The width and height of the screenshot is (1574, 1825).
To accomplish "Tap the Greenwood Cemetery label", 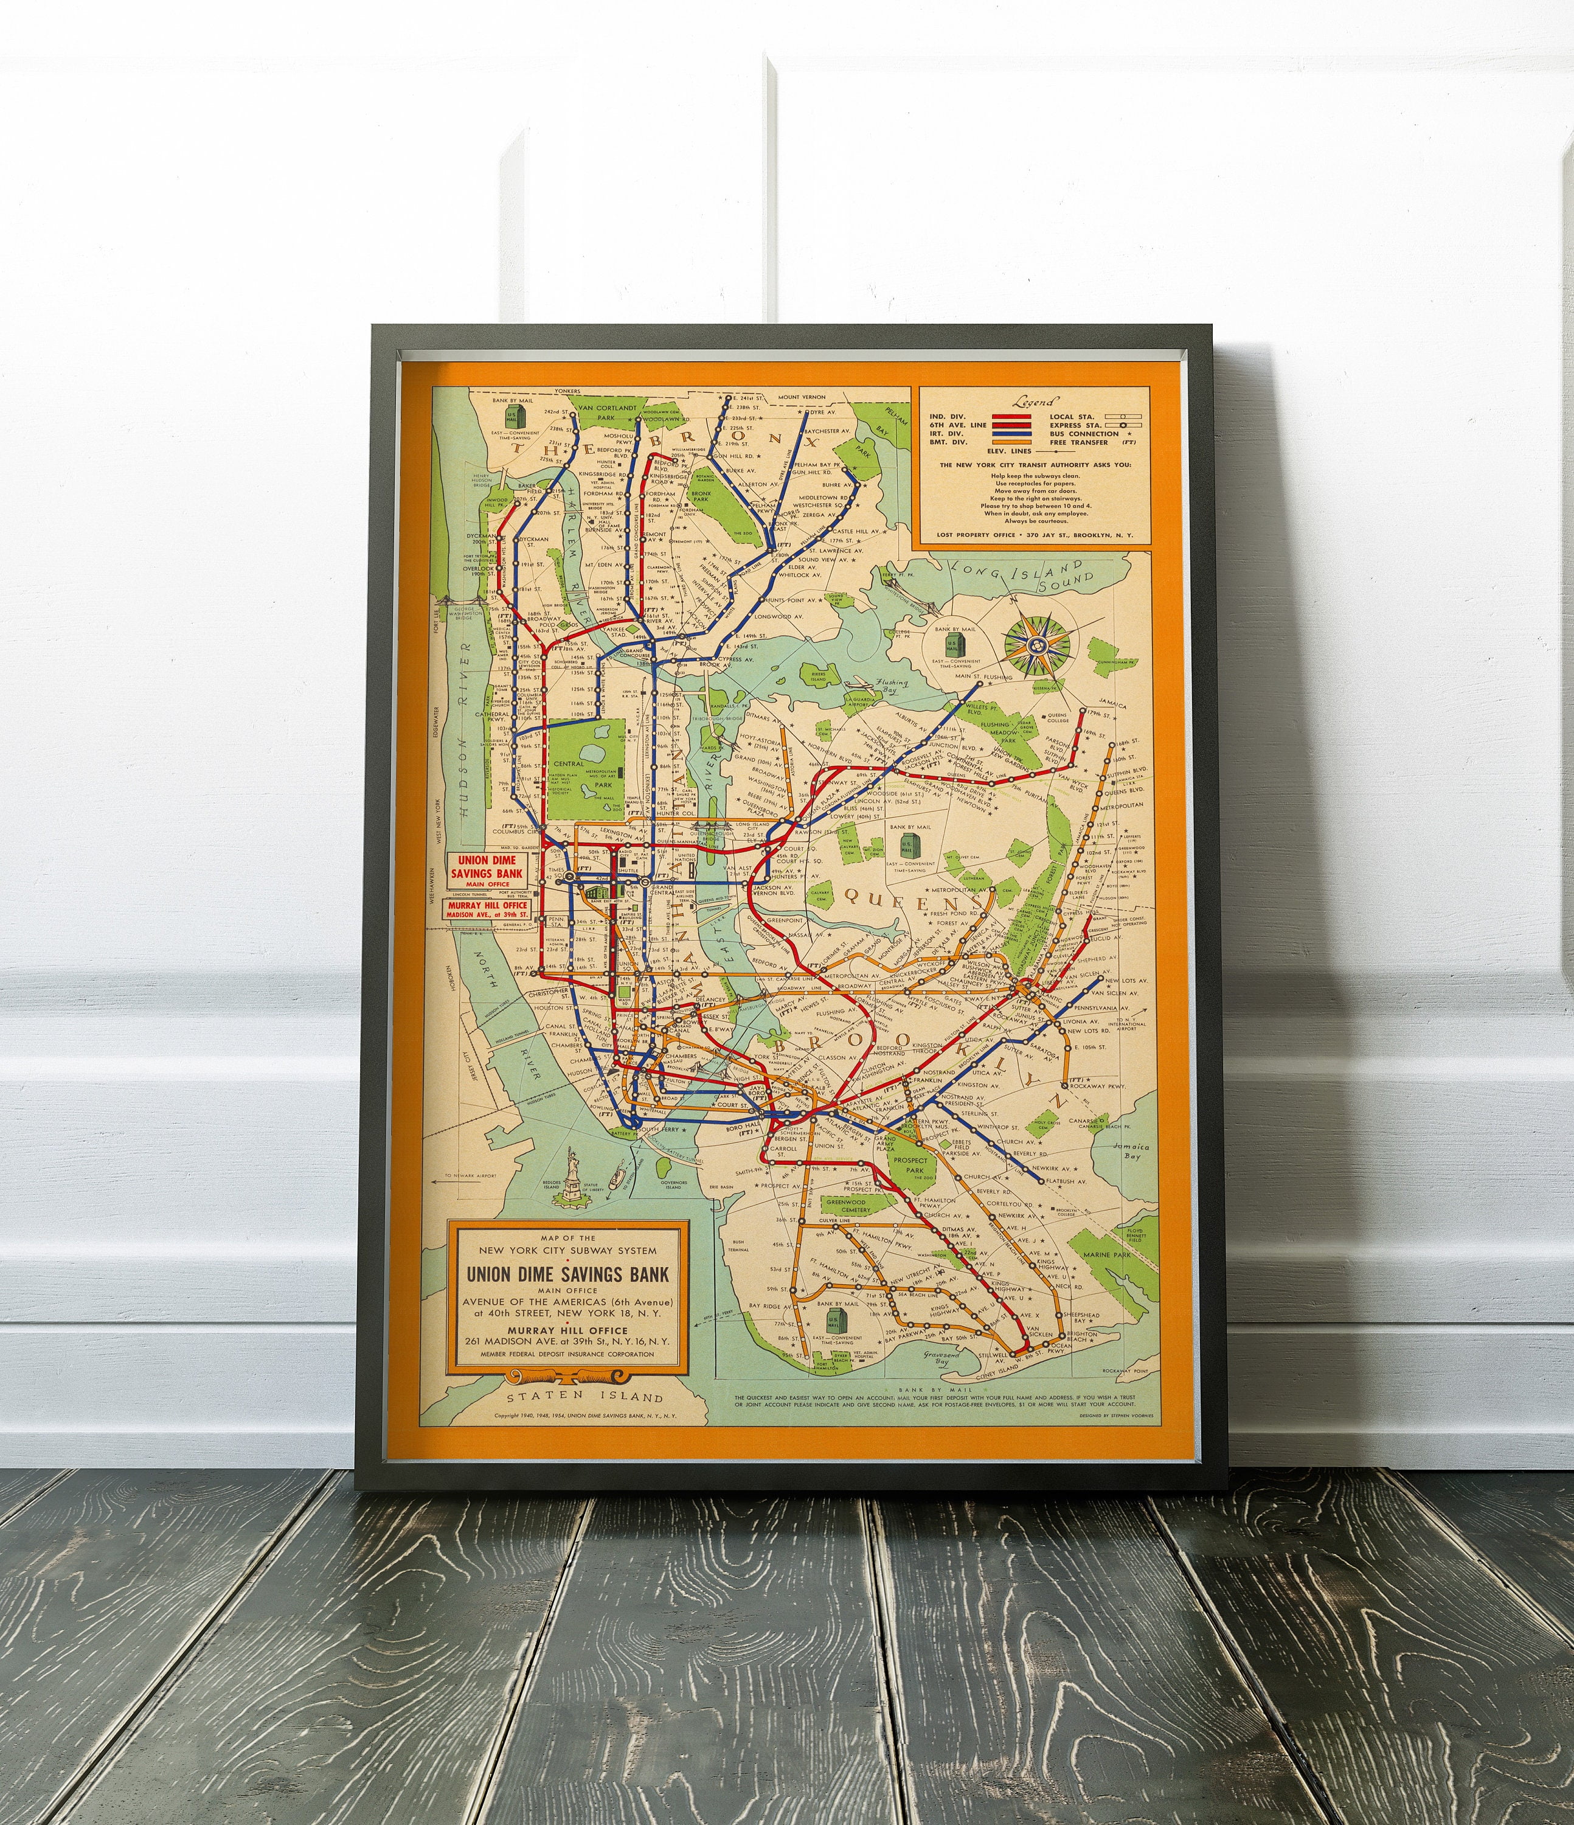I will (847, 1206).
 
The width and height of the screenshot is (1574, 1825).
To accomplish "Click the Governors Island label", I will (673, 1183).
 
